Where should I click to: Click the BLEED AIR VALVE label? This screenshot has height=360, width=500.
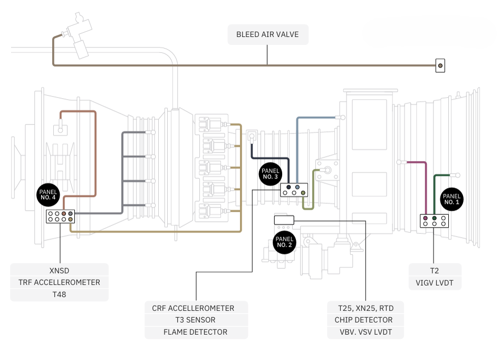pyautogui.click(x=267, y=34)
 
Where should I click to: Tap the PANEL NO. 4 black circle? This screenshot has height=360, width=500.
pyautogui.click(x=48, y=195)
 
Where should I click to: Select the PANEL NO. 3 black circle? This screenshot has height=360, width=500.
pyautogui.click(x=271, y=174)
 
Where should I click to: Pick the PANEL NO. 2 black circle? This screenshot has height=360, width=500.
pyautogui.click(x=284, y=242)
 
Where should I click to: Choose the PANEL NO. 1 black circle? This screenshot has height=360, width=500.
pyautogui.click(x=451, y=199)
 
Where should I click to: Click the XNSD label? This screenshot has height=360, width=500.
pyautogui.click(x=59, y=271)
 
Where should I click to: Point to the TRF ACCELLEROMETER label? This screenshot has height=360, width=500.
pyautogui.click(x=59, y=282)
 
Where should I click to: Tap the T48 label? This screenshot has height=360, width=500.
pyautogui.click(x=59, y=294)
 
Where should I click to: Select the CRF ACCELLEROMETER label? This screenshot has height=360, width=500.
pyautogui.click(x=193, y=308)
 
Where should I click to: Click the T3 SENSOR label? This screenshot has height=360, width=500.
pyautogui.click(x=196, y=320)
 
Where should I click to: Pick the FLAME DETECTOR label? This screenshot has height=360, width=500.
pyautogui.click(x=196, y=332)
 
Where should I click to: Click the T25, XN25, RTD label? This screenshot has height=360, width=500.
pyautogui.click(x=366, y=308)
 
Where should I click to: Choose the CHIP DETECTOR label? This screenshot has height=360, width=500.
pyautogui.click(x=364, y=320)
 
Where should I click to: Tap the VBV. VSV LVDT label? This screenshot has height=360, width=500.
pyautogui.click(x=366, y=332)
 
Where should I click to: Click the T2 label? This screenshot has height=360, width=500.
pyautogui.click(x=435, y=271)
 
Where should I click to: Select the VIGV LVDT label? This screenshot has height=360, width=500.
pyautogui.click(x=435, y=283)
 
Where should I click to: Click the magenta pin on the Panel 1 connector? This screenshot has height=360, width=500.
pyautogui.click(x=426, y=219)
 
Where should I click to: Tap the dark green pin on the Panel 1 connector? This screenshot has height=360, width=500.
pyautogui.click(x=434, y=219)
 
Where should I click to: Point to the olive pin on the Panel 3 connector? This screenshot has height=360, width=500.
pyautogui.click(x=303, y=193)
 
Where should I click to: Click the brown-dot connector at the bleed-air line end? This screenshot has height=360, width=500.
pyautogui.click(x=440, y=66)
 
